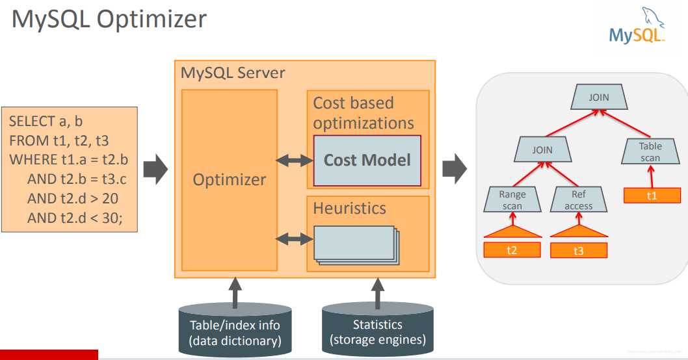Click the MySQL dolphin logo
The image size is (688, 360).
637,26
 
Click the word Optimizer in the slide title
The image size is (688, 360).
152,19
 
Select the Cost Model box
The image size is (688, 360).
367,161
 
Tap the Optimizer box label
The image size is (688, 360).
230,180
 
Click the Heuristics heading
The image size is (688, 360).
349,209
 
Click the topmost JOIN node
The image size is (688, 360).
599,97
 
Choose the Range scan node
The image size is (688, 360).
512,199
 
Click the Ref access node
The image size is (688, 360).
579,199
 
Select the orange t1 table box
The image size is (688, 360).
652,195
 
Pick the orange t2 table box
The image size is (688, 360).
512,250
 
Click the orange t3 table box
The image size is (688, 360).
579,251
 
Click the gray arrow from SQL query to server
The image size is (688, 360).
155,170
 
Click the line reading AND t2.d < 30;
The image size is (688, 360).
74,218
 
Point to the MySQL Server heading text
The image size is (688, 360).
233,73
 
